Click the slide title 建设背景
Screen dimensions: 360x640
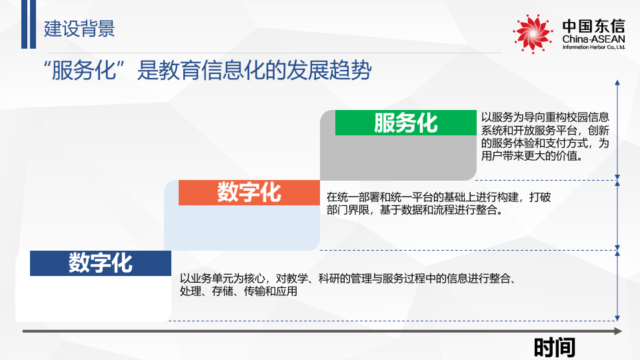pyautogui.click(x=79, y=28)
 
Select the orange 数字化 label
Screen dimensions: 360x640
pyautogui.click(x=249, y=193)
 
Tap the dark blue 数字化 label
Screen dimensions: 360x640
pyautogui.click(x=101, y=263)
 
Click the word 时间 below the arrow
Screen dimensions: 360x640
pyautogui.click(x=554, y=347)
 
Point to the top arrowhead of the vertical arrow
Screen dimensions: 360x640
pyautogui.click(x=618, y=83)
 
